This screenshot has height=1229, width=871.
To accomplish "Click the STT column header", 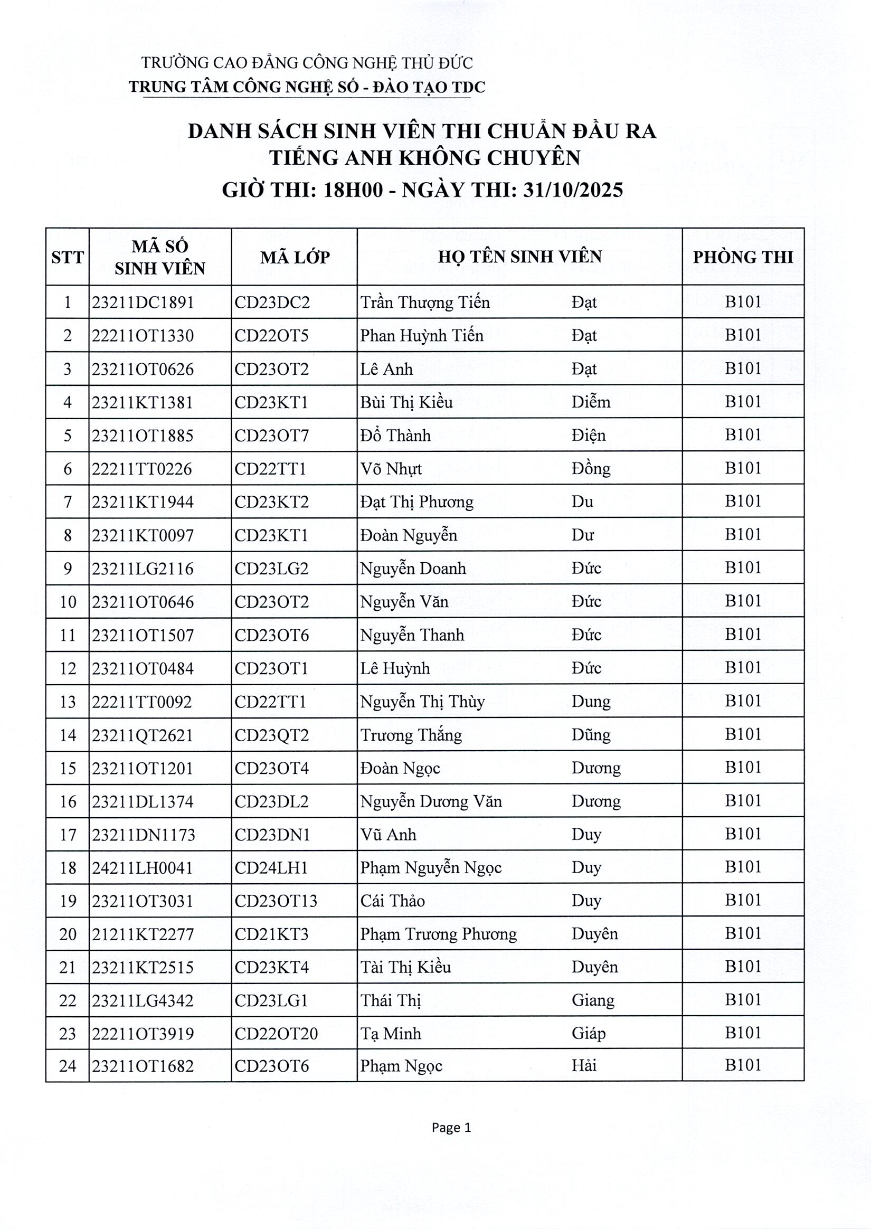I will coord(67,258).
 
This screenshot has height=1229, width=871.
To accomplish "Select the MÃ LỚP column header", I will coord(295,258).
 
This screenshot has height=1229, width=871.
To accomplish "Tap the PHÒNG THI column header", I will coord(743,257).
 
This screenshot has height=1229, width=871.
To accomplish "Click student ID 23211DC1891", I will coord(143,303).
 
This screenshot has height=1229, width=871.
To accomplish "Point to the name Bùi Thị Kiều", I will coord(406,402).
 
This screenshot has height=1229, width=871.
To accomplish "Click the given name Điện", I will coord(589,436).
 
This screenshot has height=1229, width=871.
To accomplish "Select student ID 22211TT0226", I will coord(141,469).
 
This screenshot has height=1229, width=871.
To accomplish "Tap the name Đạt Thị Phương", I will coord(416,502).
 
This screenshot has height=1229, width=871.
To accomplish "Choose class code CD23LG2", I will coord(271,569).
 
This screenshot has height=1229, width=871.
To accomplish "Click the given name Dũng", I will coord(591,735).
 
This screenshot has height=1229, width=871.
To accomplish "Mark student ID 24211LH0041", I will coord(142,867).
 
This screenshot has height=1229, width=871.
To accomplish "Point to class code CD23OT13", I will coord(276,901).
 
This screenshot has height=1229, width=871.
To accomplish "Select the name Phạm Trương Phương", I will coord(438,934).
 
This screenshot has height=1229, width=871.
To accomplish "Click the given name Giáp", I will coord(589,1033).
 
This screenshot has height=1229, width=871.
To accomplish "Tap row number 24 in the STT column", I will coord(68,1066).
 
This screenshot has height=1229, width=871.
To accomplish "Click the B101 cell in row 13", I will coord(743,701).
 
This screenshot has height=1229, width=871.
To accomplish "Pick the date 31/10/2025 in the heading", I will coord(572,191).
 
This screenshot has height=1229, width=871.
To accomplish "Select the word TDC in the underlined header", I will coord(469,87).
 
